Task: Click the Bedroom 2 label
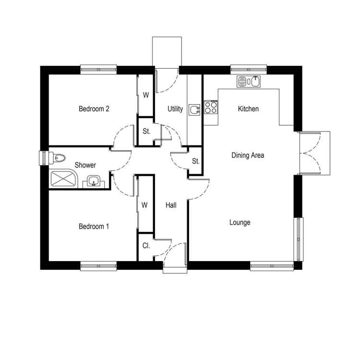94,108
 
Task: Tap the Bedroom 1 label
94,227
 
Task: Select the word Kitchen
248,108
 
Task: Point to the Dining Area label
248,155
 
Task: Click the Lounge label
240,222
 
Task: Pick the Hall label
171,205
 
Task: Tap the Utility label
175,108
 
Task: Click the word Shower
85,165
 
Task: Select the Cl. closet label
146,246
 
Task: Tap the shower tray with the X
64,179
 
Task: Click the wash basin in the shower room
94,181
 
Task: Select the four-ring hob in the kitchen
211,108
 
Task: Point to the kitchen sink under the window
249,82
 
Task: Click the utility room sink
194,110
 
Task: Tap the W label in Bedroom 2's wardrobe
146,95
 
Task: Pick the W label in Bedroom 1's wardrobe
144,205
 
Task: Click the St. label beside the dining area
196,161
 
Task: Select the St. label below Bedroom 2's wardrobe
146,132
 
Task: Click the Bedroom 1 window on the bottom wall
98,266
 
